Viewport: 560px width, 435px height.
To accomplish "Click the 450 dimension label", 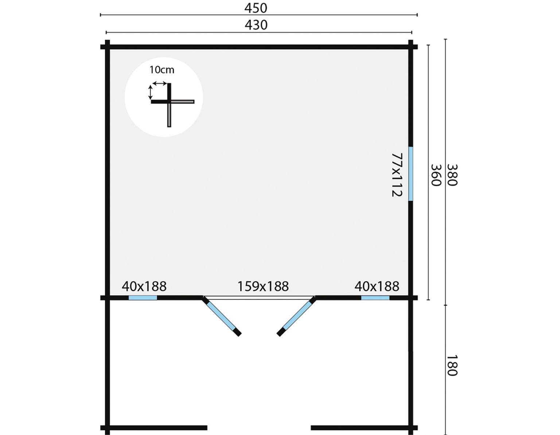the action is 256,8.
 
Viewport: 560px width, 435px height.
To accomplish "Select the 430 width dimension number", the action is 256,25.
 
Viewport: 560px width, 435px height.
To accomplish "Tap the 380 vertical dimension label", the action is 452,175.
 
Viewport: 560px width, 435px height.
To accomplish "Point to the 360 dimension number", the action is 436,175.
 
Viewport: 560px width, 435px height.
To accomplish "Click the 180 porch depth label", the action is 452,365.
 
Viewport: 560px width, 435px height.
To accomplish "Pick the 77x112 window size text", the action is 397,175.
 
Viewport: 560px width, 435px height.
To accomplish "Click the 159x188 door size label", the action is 262,286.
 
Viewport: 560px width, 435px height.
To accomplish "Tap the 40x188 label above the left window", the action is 144,286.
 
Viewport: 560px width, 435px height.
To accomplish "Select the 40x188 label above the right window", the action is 377,286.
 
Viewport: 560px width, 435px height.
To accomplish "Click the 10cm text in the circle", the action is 162,70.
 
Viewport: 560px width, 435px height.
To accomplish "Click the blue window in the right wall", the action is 411,174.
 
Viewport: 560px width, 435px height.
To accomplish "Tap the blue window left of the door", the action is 143,298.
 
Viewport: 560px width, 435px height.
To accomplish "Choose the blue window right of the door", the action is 375,298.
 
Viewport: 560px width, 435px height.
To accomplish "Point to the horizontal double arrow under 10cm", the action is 160,83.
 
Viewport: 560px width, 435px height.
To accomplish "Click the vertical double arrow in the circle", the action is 151,93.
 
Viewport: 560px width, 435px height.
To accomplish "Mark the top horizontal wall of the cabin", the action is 259,47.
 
